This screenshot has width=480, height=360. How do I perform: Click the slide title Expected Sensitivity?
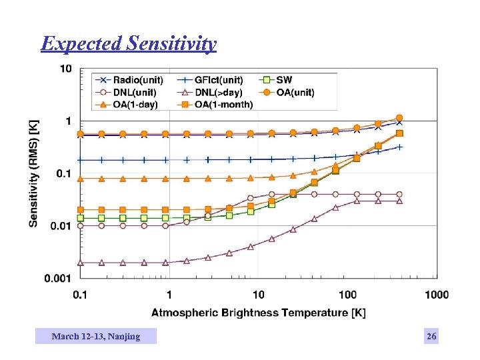pos(128,44)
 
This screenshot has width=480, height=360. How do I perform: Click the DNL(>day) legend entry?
pos(219,93)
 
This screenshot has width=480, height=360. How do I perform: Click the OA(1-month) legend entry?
pos(223,105)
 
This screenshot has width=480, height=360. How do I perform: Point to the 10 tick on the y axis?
pos(66,69)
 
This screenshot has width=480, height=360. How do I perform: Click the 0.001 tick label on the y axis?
pos(59,278)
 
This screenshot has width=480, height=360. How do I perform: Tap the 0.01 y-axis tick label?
pos(61,226)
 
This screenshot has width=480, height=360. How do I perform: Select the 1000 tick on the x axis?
pos(437,295)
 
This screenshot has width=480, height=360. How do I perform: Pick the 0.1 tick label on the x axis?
pos(80,295)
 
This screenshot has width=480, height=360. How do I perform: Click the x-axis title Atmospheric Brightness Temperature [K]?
pos(258,312)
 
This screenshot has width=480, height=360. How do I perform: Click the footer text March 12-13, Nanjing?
pos(96,337)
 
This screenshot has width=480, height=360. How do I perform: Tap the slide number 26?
pos(431,337)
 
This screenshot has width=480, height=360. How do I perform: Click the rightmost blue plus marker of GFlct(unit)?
pos(399,147)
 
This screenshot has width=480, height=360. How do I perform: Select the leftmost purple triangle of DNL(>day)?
pos(81,263)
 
